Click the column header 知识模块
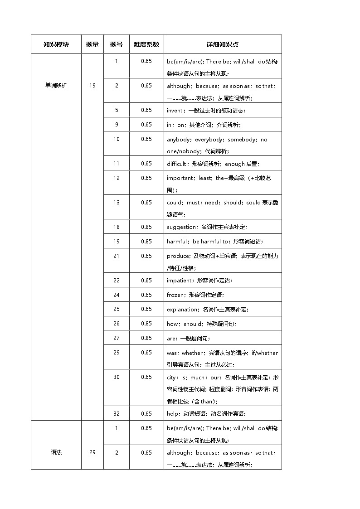[x=56, y=44]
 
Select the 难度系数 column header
[x=146, y=44]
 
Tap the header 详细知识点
[x=222, y=44]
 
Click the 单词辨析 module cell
[x=56, y=85]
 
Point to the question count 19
[x=92, y=85]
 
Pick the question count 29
[x=92, y=452]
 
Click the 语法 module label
[x=56, y=452]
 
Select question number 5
[x=117, y=110]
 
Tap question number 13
[x=117, y=202]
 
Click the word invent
[x=175, y=110]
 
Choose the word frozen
[x=175, y=295]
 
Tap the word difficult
[x=176, y=164]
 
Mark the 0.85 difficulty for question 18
[x=146, y=227]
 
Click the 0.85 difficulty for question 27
[x=146, y=338]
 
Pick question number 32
[x=117, y=413]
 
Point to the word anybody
[x=179, y=140]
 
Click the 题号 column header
[x=117, y=44]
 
